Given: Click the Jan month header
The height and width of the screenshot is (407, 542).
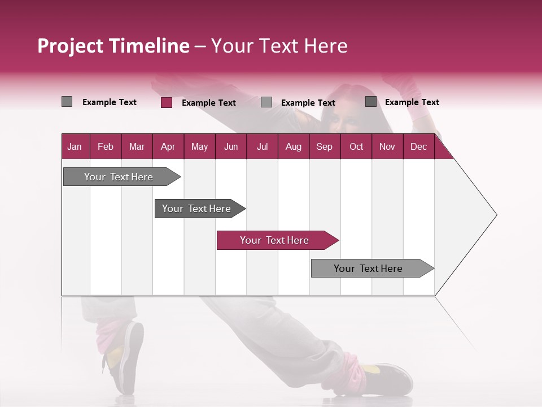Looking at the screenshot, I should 75,146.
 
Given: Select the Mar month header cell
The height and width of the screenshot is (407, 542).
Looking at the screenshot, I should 137,146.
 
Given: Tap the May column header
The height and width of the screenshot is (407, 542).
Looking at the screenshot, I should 199,146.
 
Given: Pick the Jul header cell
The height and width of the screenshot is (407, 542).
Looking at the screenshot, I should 262,146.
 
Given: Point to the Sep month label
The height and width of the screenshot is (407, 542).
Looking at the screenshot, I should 324,146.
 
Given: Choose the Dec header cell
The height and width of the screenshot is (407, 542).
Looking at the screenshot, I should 418,146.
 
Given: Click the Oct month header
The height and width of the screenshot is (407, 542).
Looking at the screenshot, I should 356,146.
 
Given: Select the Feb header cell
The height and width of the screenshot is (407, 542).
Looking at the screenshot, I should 106,146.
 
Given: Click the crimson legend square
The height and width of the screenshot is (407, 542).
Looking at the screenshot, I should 167,102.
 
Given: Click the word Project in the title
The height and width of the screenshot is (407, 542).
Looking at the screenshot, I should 70,46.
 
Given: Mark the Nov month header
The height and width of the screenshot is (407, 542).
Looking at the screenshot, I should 387,146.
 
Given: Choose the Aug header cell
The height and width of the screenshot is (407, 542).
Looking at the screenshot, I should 293,146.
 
